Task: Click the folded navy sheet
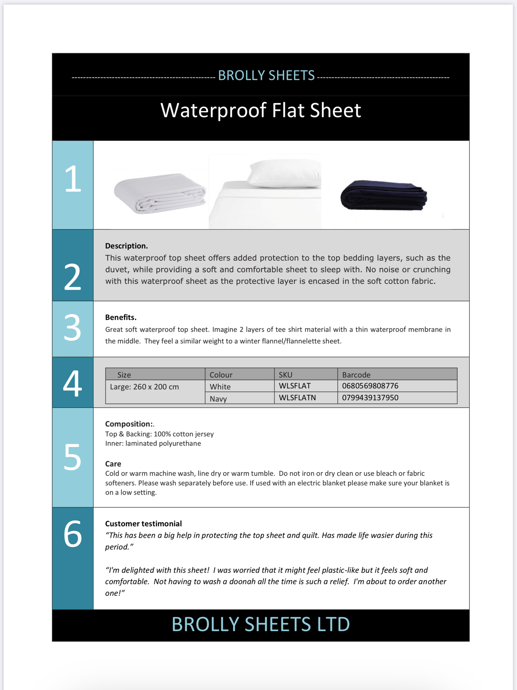click(x=384, y=195)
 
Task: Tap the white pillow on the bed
click(x=284, y=174)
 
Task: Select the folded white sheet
click(x=160, y=193)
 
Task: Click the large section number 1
click(x=73, y=179)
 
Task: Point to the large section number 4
click(x=73, y=383)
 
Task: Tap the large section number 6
click(x=73, y=534)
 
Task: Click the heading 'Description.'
click(x=126, y=246)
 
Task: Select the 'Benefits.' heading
click(x=121, y=317)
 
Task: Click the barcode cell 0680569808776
click(x=370, y=386)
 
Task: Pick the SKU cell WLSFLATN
click(x=297, y=398)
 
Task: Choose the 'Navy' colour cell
click(x=218, y=399)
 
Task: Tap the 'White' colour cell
click(x=220, y=387)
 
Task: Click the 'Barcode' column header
click(x=356, y=375)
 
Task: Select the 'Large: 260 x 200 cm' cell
click(x=144, y=387)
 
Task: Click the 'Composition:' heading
click(x=129, y=424)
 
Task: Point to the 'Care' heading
click(x=113, y=464)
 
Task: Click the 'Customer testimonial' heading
click(x=143, y=524)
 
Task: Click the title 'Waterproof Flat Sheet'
click(x=260, y=111)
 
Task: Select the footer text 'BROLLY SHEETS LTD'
click(x=260, y=625)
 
